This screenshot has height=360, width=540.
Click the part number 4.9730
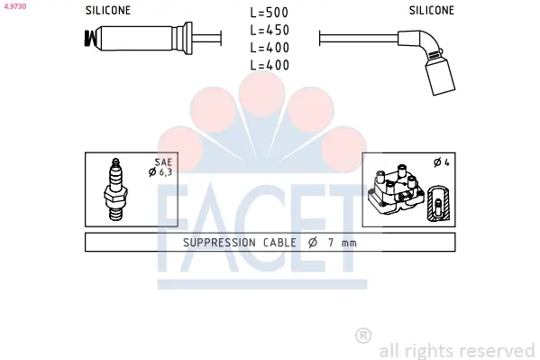coord(15,6)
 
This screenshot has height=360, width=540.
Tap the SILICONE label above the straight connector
coord(108,11)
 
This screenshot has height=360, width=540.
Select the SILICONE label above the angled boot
coord(432,11)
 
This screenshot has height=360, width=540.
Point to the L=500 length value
coord(270,13)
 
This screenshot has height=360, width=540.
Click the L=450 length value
coord(270,31)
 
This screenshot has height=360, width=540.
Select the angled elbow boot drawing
coord(427,61)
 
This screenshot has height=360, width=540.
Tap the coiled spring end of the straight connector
coord(89,38)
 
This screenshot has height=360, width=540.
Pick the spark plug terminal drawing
coord(115,189)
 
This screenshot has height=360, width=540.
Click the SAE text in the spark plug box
coord(163,162)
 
